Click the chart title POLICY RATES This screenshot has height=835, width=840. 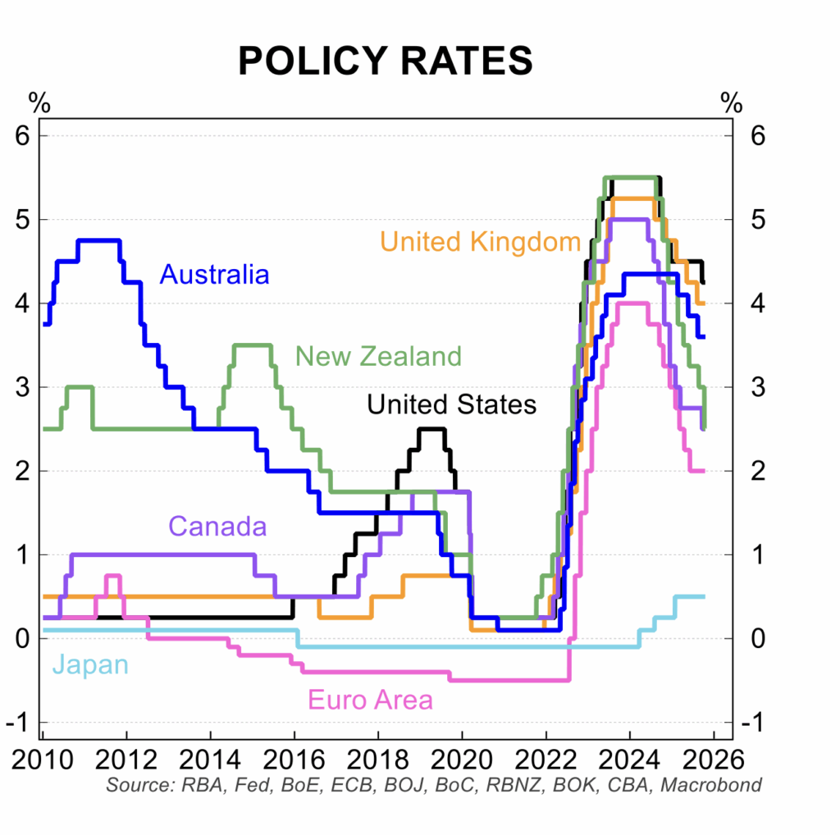pos(385,62)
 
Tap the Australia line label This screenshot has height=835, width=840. pos(215,273)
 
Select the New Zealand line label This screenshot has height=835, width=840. pos(378,356)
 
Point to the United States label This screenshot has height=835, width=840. pos(451,404)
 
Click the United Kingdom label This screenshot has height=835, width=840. pos(481,241)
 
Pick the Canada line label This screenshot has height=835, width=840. pos(217,526)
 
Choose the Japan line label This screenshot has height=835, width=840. pos(90,664)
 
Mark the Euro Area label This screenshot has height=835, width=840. pos(370,700)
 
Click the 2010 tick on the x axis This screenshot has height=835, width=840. pos(41,755)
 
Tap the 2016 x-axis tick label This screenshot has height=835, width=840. pos(293,755)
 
